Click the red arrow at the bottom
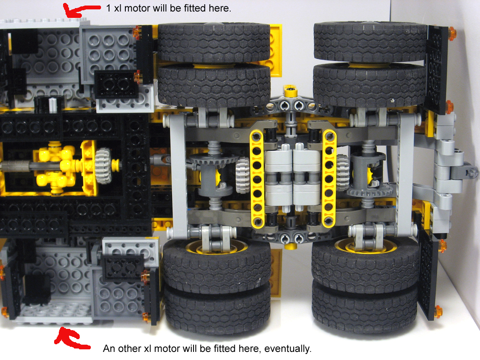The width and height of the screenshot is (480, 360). click(70, 340)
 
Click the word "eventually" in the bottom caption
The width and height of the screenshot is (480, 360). click(287, 348)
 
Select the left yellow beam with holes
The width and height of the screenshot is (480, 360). click(257, 179)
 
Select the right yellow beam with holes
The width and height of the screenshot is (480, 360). click(329, 179)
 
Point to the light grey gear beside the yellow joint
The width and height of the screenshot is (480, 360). click(104, 166)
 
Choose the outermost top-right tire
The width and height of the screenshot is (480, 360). click(370, 41)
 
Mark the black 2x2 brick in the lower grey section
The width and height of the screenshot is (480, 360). click(122, 268)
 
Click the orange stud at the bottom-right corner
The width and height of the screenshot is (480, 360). click(438, 312)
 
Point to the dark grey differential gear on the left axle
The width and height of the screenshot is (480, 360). click(214, 159)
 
